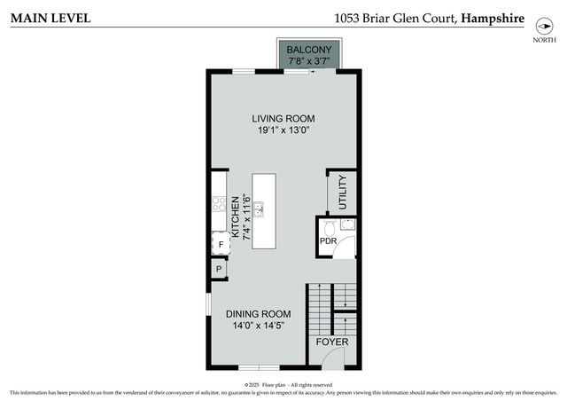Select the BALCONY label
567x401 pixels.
coord(308,49)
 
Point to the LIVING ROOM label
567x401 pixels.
coord(283,118)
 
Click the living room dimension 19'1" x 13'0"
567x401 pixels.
coord(283,130)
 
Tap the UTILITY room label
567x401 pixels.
coord(343,192)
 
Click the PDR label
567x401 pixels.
coord(327,241)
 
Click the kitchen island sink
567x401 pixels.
coord(259,209)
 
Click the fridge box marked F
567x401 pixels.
coord(220,245)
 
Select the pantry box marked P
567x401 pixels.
coord(218,269)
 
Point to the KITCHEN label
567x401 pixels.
coord(236,217)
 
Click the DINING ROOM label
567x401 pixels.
coord(258,314)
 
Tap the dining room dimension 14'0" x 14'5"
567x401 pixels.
coord(258,326)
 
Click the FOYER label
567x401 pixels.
coord(332,342)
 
